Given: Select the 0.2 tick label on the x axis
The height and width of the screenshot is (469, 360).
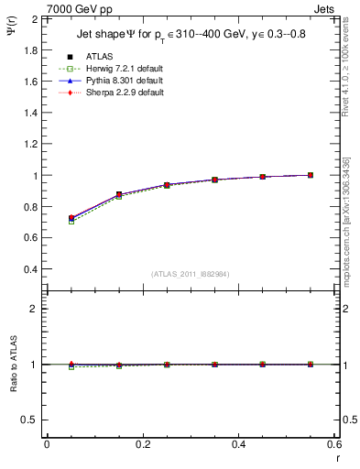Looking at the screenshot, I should click(142, 443).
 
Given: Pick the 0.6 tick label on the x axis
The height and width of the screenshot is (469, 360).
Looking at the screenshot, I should click(334, 443).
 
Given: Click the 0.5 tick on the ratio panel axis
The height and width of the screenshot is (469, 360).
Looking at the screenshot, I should click(31, 420).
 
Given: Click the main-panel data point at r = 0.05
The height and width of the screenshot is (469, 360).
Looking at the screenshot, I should click(71, 218).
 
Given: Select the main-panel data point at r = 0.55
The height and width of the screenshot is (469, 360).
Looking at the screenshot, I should click(311, 175).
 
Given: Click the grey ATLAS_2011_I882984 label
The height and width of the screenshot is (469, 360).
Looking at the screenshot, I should click(190, 274).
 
